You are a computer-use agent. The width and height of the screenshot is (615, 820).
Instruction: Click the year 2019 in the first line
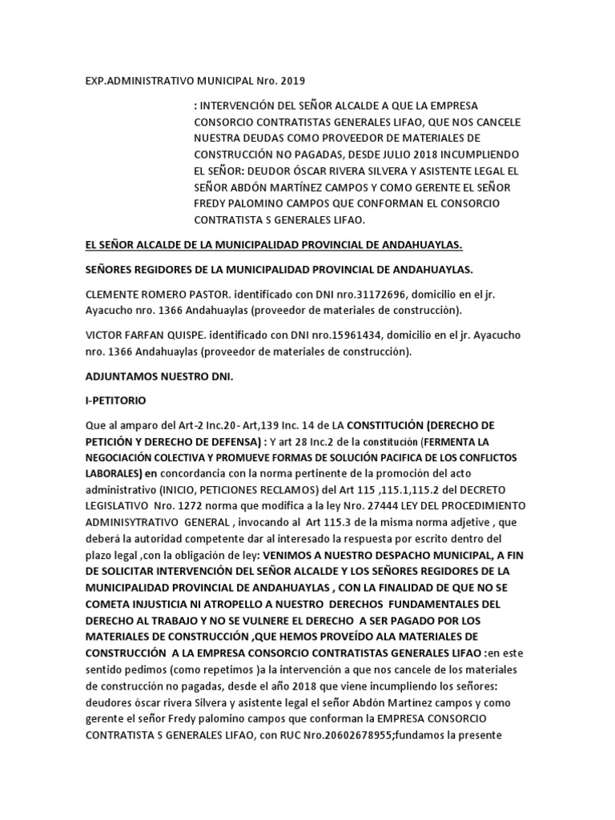tap(291, 81)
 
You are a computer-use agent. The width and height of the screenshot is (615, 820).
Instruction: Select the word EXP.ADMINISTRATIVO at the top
tap(140, 81)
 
